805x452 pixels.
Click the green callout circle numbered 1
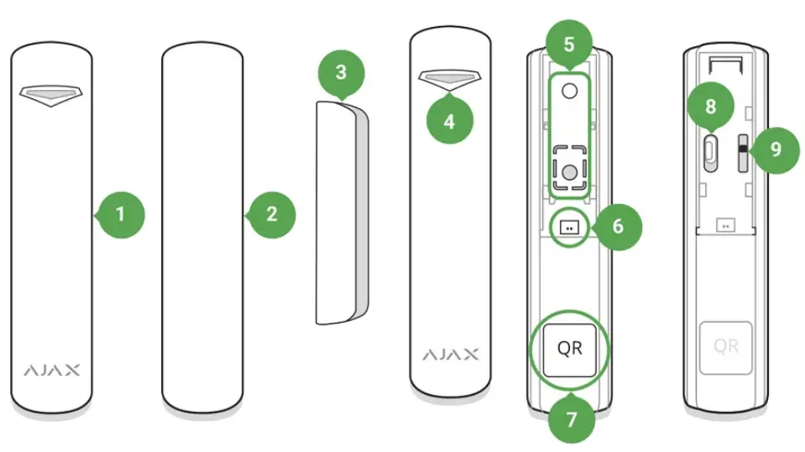[120, 214]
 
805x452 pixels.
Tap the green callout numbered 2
[271, 214]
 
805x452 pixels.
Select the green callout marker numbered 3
[340, 72]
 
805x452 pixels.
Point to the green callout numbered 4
[449, 121]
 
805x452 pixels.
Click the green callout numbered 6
[617, 226]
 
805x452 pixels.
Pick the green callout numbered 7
[571, 418]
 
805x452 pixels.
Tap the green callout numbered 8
[710, 107]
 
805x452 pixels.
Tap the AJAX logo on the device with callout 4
[449, 353]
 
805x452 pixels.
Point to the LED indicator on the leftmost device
[51, 95]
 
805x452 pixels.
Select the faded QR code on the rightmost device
[726, 345]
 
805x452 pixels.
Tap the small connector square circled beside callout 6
[570, 226]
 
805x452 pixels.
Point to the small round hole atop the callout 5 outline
[569, 90]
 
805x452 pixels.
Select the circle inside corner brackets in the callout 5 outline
[569, 171]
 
